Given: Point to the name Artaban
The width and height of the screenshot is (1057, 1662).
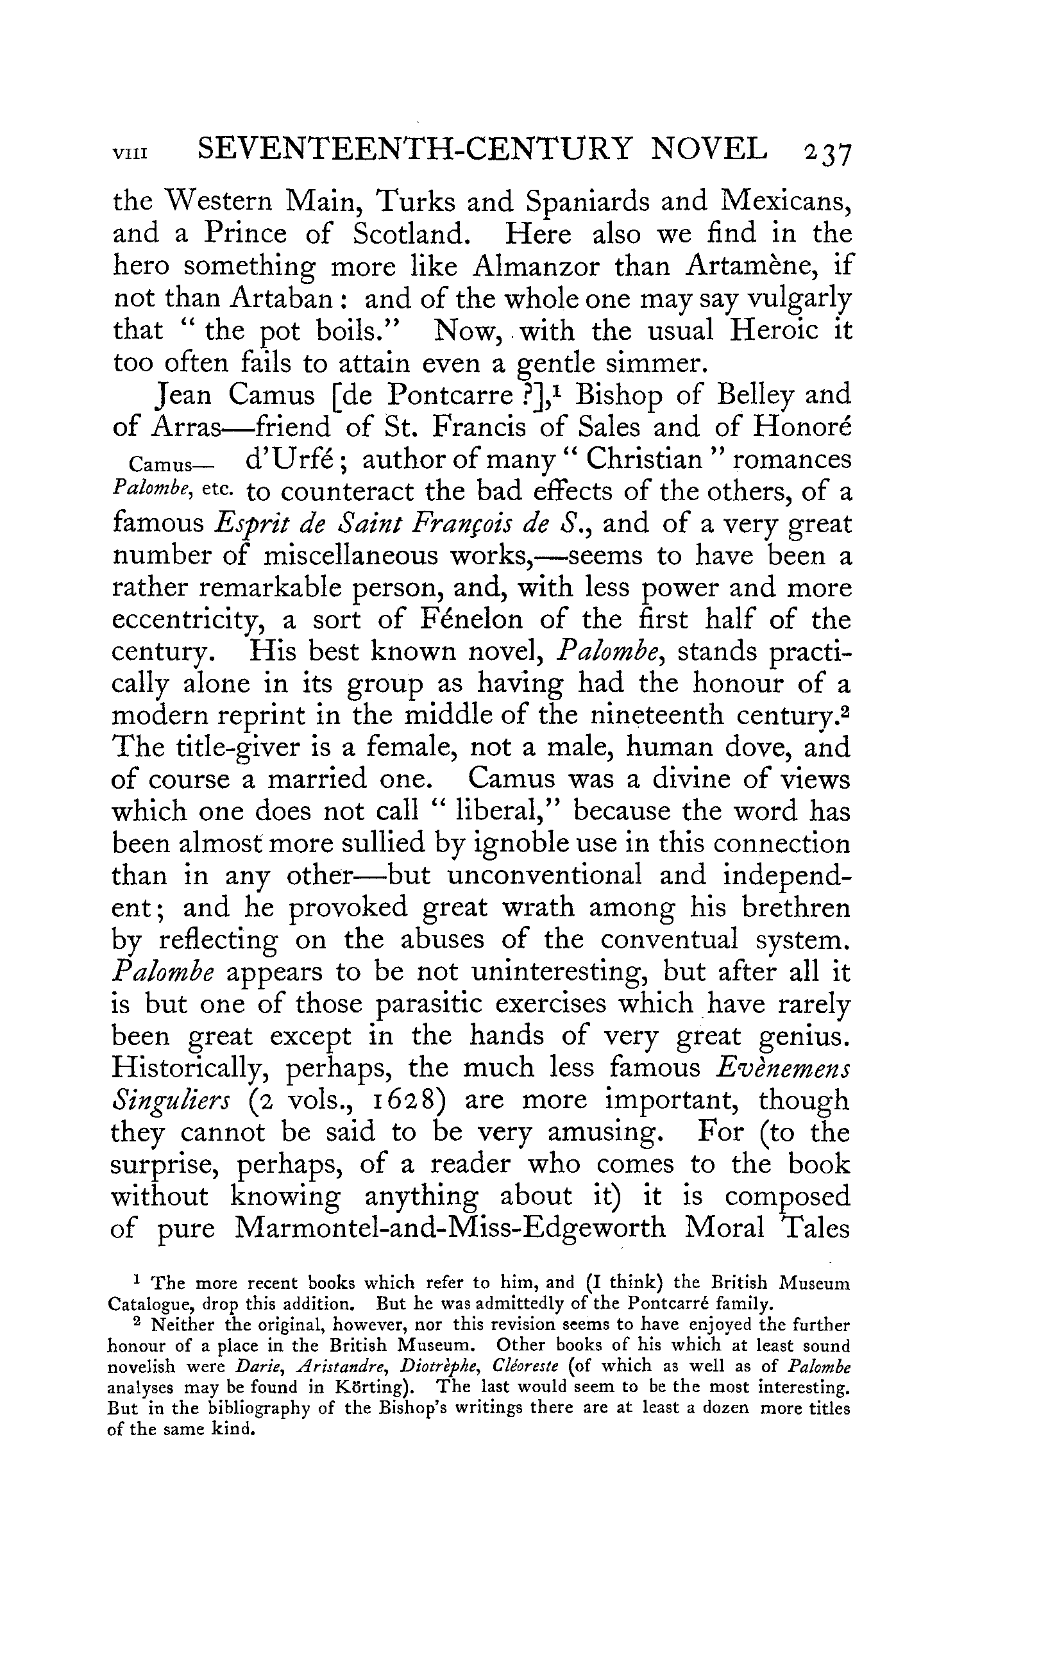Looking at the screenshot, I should pos(282,298).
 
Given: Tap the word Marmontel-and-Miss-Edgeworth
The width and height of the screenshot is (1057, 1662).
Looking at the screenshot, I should pos(450,1228).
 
